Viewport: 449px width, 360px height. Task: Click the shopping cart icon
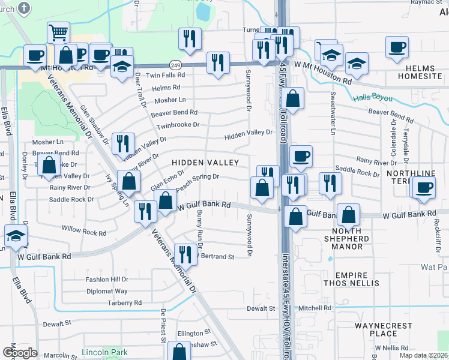58,33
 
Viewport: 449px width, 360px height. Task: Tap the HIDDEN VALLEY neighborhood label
205,163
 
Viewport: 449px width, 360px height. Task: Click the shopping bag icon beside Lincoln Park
179,352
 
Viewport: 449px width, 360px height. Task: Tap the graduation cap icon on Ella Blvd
16,235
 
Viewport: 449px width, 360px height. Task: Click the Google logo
20,353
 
